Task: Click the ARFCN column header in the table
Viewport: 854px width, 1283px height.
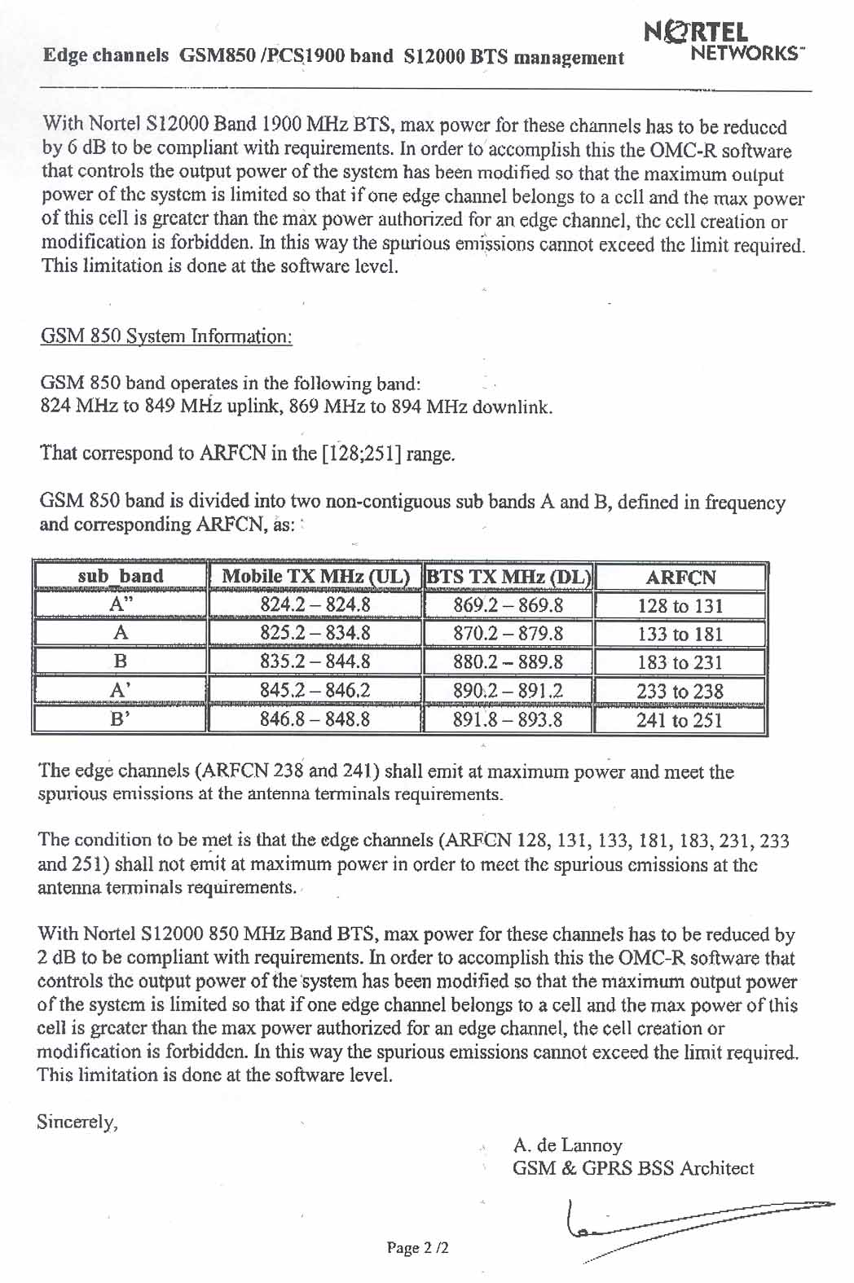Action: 680,578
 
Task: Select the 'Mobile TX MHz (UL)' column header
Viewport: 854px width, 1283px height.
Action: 315,577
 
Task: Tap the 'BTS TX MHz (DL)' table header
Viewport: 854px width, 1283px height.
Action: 508,577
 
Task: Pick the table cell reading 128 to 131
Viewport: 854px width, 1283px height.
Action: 680,606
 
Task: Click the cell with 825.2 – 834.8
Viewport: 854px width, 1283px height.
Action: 315,634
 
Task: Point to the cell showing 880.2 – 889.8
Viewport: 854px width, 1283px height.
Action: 508,662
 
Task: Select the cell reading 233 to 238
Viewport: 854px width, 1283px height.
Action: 680,692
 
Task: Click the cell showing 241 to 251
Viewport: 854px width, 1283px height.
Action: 680,720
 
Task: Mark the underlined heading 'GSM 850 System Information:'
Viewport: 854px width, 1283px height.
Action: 166,336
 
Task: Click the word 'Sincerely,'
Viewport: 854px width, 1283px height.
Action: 77,1123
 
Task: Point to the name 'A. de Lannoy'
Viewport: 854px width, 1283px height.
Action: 567,1145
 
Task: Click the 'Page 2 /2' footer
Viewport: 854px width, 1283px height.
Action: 418,1248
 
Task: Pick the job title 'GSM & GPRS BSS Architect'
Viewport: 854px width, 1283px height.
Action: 633,1168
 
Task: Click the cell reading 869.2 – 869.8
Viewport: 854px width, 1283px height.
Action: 508,606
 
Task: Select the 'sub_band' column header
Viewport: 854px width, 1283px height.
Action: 120,577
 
